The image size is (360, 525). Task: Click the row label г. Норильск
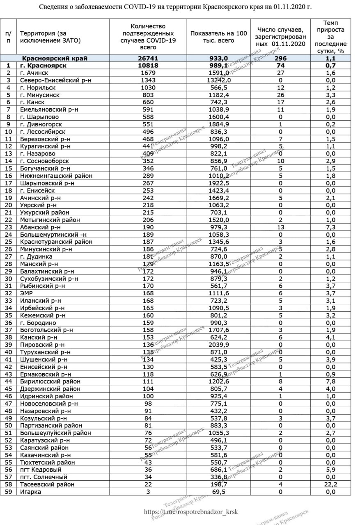click(38, 88)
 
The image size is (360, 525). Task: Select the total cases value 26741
click(148, 58)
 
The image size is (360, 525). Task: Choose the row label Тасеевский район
click(47, 484)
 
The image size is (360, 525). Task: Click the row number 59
click(8, 492)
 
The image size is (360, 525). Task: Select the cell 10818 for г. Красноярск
click(148, 66)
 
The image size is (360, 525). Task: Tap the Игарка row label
click(31, 492)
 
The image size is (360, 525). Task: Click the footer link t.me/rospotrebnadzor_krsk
click(191, 512)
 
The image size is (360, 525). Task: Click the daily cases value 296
click(281, 58)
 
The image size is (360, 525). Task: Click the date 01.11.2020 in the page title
click(293, 7)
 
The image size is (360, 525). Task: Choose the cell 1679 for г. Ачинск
click(148, 73)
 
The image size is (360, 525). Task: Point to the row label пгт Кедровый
click(41, 470)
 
